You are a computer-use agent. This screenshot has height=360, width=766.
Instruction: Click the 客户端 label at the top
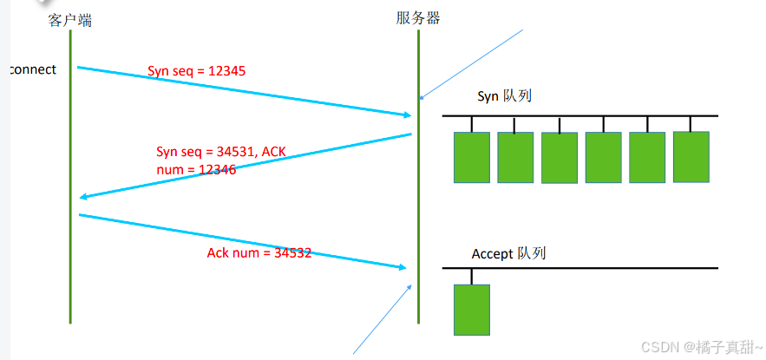(x=70, y=19)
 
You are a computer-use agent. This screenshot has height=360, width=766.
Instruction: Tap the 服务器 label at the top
(x=418, y=17)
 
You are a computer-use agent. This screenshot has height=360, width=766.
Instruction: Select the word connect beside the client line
(x=32, y=69)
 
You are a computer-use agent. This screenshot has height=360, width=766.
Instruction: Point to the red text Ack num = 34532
(x=259, y=253)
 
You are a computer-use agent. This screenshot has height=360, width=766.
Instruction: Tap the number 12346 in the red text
(x=215, y=169)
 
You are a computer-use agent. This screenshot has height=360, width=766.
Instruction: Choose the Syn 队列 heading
(x=504, y=95)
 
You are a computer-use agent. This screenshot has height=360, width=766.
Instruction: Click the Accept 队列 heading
(x=508, y=253)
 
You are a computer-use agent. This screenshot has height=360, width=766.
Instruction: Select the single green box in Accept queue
(x=472, y=309)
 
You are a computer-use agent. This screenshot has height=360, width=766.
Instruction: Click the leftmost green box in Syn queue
(x=472, y=157)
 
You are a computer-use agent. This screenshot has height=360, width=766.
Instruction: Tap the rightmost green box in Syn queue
(x=691, y=157)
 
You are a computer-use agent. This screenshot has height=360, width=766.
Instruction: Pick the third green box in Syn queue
(x=560, y=157)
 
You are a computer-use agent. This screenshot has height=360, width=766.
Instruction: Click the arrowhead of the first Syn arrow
(x=406, y=115)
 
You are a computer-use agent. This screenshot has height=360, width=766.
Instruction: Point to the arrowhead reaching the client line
(x=83, y=197)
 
